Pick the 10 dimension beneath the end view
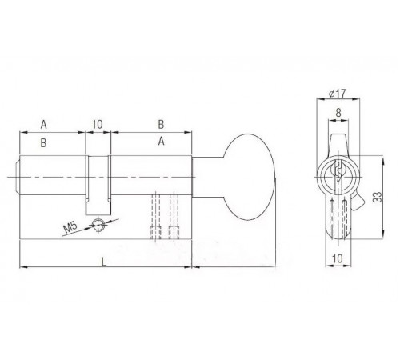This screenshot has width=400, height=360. (338, 259)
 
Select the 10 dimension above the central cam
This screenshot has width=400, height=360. (98, 124)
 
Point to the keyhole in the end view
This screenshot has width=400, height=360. (337, 170)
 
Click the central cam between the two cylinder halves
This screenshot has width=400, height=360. (98, 180)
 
